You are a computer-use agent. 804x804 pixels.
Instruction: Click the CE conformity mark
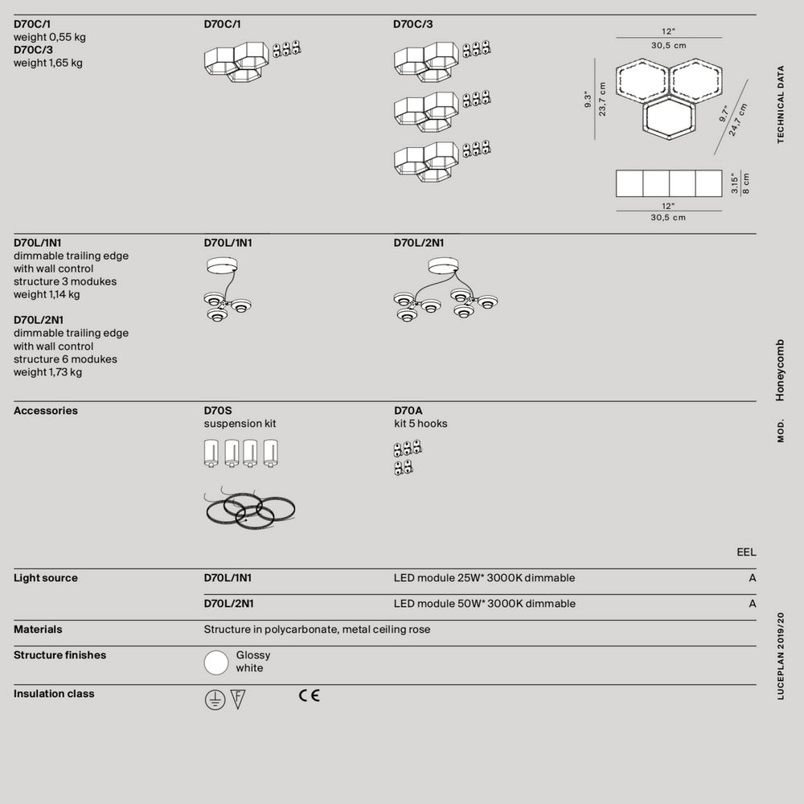310,695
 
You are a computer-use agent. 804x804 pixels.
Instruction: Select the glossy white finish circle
216,662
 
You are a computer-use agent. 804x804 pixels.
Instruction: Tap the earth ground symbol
215,699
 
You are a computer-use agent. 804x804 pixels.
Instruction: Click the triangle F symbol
238,698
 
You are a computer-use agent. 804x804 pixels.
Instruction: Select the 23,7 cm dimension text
602,99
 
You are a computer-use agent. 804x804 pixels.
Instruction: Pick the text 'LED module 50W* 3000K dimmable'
484,604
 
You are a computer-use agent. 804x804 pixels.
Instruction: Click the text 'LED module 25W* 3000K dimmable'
484,578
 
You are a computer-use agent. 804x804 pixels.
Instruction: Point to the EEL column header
746,552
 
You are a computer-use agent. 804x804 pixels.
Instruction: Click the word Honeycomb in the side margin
780,370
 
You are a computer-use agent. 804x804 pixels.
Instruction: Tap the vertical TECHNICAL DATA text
780,105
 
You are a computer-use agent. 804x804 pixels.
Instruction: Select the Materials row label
38,630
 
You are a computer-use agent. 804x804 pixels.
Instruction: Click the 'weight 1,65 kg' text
48,63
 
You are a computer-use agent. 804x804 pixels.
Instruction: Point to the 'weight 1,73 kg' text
47,372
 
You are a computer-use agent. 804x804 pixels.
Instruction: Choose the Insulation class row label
54,694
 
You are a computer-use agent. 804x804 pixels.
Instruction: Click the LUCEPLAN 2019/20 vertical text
780,654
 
